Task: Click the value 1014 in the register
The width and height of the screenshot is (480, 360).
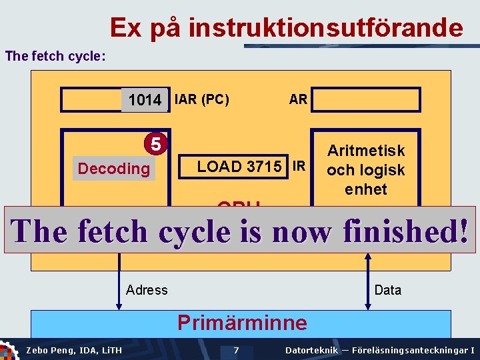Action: (145, 100)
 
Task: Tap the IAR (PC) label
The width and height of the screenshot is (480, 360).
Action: (201, 100)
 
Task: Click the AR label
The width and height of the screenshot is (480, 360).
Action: (298, 99)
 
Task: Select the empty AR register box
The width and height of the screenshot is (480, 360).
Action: (367, 100)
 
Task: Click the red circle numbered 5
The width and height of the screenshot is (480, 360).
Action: (155, 144)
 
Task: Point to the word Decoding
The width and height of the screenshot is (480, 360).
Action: (114, 169)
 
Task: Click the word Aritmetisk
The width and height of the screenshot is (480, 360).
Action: (366, 151)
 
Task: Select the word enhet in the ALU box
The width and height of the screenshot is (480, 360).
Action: (366, 189)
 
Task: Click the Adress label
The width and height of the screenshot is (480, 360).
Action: (147, 289)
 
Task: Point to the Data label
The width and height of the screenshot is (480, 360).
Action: (388, 289)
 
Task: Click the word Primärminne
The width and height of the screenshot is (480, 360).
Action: (242, 323)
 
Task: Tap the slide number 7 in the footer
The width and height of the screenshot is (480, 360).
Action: (236, 350)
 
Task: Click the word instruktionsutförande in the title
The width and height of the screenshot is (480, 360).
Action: (325, 29)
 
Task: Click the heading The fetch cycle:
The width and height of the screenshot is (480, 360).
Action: (55, 56)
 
